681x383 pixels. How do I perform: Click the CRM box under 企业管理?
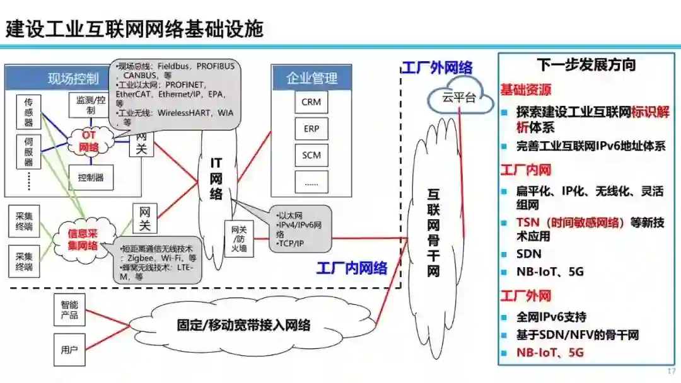point(311,102)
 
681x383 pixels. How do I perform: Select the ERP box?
point(311,129)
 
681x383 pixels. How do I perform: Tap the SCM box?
point(311,155)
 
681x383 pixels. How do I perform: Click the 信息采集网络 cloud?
point(83,239)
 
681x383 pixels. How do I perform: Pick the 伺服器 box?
point(28,151)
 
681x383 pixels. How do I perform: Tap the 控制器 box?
point(91,177)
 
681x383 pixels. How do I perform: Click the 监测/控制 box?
point(91,105)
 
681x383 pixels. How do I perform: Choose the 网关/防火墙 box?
point(239,239)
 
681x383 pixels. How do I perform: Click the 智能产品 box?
point(69,309)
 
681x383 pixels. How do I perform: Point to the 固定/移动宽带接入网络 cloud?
point(243,326)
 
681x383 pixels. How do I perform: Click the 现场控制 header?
point(73,79)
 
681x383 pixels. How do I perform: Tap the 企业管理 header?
point(311,78)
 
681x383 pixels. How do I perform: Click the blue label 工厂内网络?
point(352,268)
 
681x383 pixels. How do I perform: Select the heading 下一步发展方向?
point(586,64)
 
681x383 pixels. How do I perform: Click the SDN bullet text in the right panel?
point(529,254)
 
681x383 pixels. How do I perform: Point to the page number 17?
point(671,371)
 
